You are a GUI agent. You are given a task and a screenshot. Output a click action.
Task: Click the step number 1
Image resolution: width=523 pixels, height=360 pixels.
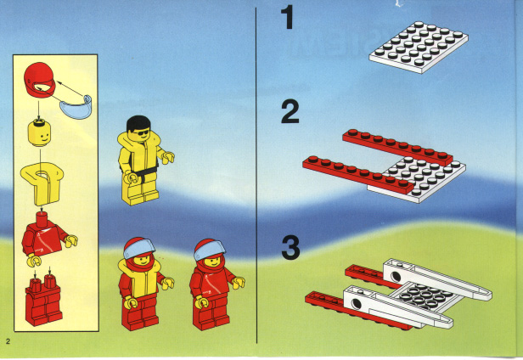[288, 17]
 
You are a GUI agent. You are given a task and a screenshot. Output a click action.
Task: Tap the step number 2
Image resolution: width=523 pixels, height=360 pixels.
[290, 112]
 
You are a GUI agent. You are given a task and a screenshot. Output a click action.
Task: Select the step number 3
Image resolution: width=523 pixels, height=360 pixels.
[290, 247]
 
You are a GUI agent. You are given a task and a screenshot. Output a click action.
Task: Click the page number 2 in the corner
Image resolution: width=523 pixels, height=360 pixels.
[8, 341]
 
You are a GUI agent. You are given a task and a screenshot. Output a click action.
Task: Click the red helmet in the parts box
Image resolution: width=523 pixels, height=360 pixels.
[39, 80]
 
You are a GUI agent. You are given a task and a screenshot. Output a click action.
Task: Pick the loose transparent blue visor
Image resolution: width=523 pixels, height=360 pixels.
[76, 108]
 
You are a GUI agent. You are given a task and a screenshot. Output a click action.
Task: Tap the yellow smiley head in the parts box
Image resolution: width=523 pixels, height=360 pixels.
[39, 134]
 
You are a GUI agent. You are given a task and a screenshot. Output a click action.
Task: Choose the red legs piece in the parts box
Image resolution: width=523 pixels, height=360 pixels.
[43, 301]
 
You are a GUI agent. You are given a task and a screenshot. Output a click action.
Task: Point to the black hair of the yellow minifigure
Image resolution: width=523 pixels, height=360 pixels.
[138, 123]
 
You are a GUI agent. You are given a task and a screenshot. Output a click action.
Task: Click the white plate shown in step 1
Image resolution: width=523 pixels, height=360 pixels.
[419, 47]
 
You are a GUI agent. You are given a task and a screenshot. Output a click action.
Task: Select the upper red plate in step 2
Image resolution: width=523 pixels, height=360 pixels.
[397, 147]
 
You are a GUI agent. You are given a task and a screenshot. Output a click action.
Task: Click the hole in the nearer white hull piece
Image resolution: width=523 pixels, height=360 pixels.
[357, 304]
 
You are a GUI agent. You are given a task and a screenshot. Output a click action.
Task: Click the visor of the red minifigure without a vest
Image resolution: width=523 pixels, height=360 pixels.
[209, 249]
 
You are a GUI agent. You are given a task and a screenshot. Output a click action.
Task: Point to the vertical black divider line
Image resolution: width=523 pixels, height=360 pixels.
[256, 176]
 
